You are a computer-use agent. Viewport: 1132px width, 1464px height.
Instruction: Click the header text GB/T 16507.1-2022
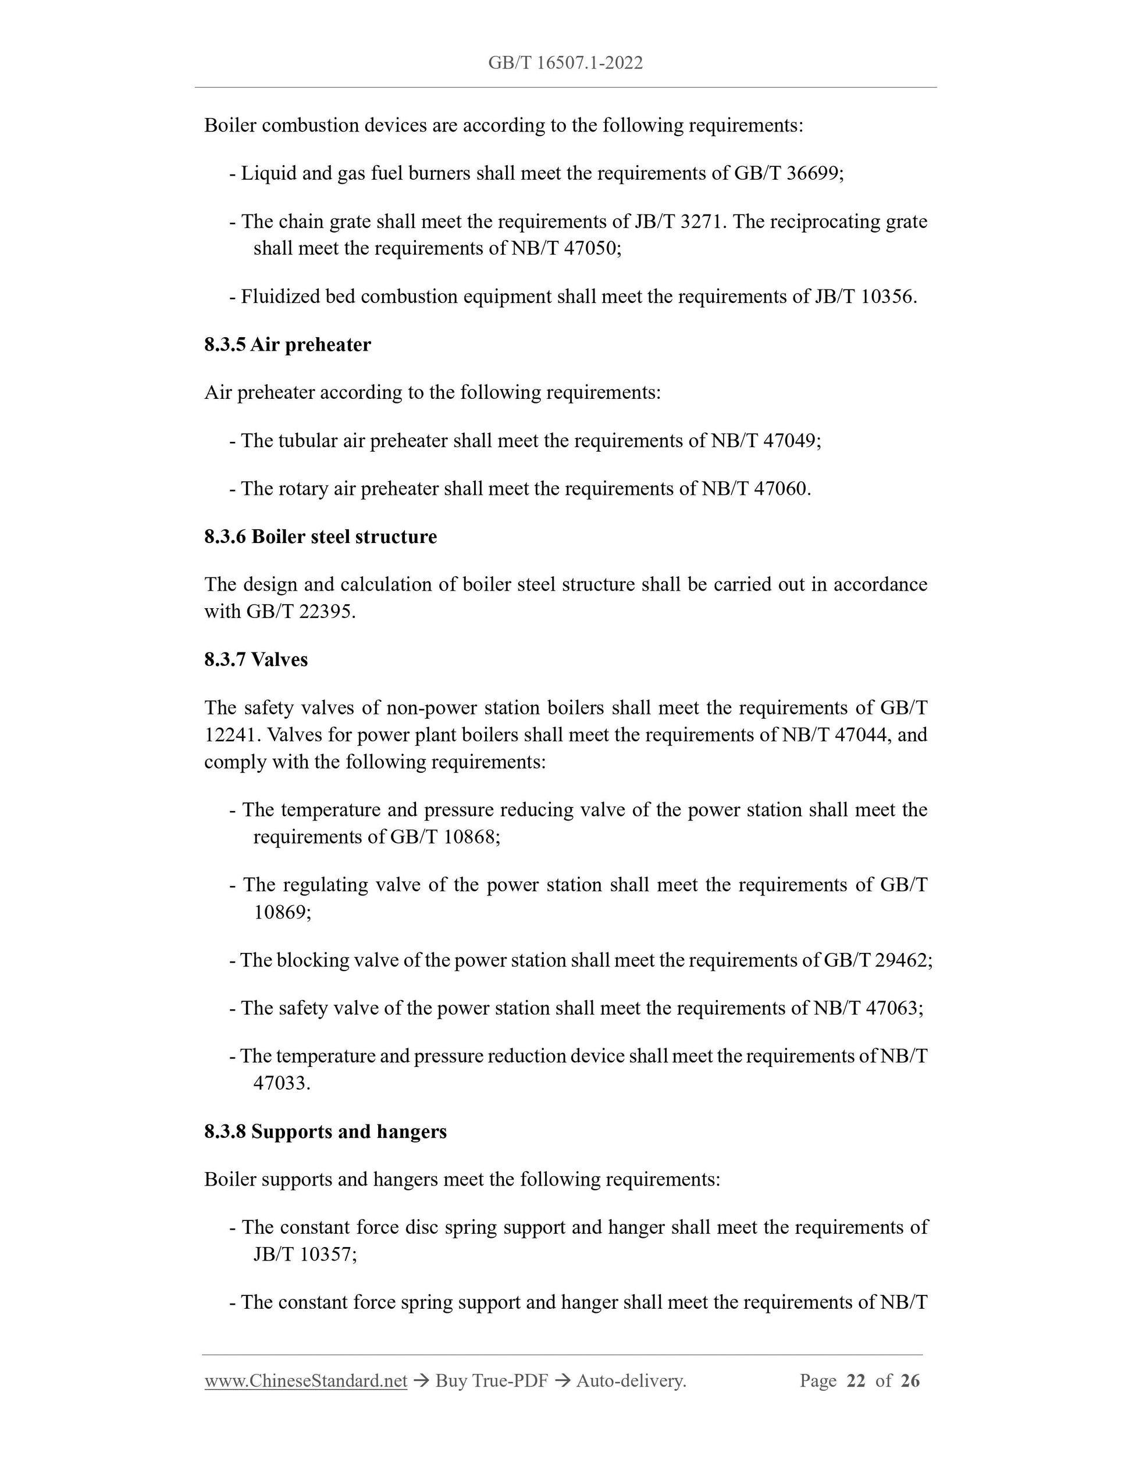coord(565,63)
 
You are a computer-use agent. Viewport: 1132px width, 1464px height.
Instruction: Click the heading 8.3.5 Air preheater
coord(288,345)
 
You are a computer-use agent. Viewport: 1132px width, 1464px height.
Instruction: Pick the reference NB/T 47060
coord(754,488)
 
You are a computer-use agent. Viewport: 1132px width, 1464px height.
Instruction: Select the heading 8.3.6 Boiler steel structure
coord(321,537)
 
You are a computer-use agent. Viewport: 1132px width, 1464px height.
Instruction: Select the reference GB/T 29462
coord(876,960)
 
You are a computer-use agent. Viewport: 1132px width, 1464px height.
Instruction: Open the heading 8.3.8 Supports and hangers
coord(325,1131)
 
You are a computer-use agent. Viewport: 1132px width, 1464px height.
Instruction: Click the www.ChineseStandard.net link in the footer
coord(306,1381)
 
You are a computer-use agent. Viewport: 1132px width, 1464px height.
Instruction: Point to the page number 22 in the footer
coord(856,1381)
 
